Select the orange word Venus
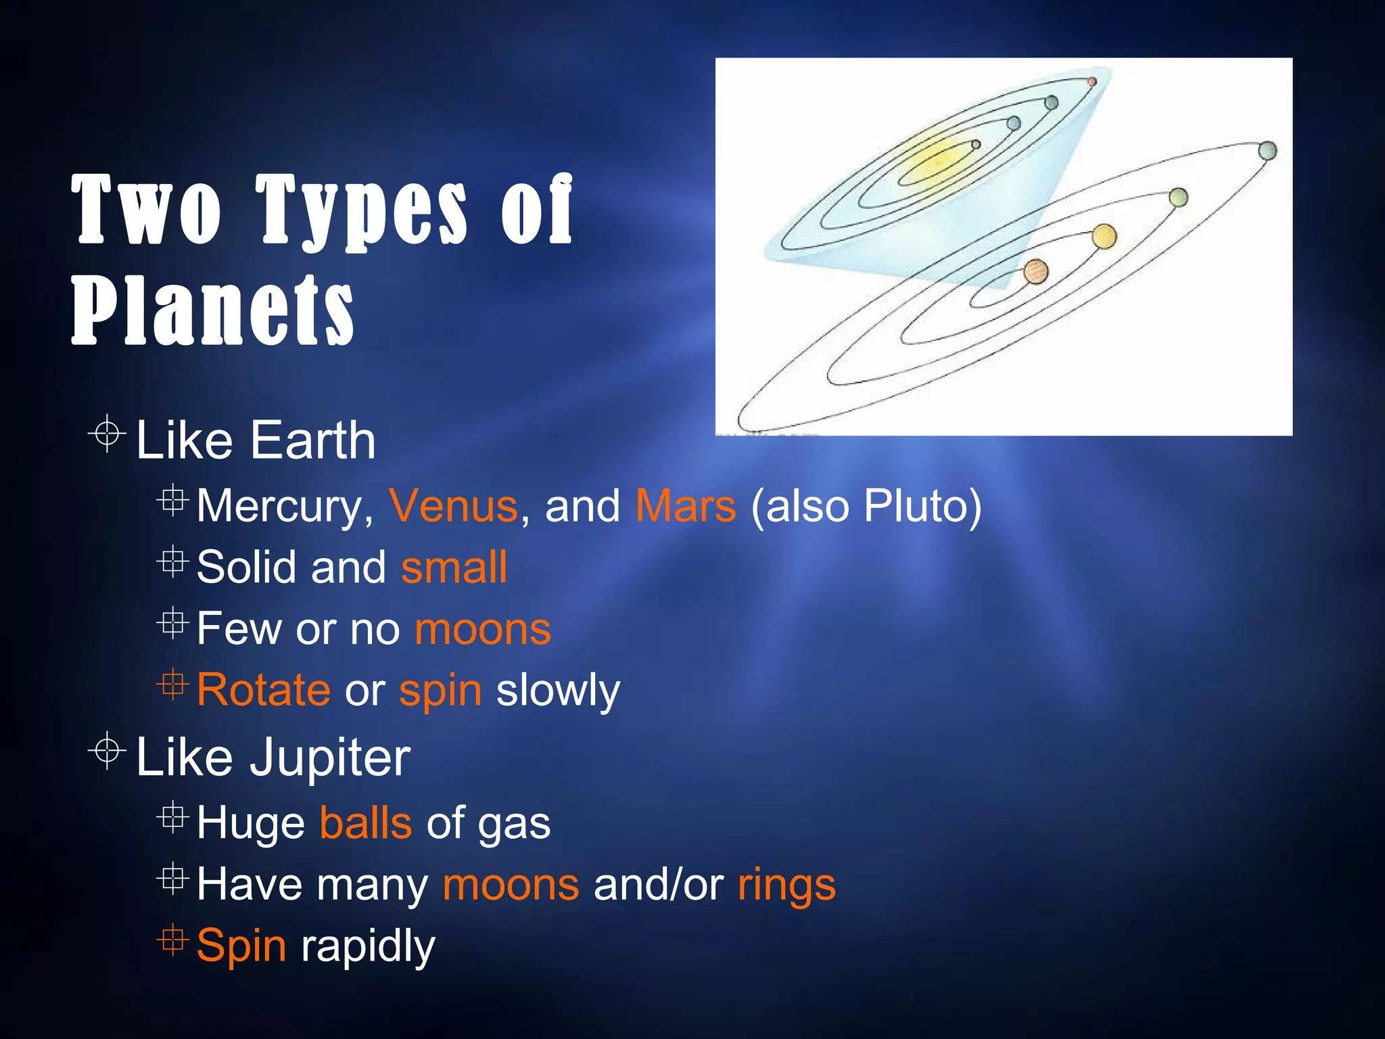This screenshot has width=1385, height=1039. click(453, 506)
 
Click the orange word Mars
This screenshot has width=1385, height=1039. click(685, 506)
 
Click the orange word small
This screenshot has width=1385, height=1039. click(454, 567)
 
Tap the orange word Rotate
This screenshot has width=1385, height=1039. click(264, 690)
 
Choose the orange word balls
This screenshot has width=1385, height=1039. click(365, 823)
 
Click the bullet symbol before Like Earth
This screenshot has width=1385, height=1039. click(107, 433)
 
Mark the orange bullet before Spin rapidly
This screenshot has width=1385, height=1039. click(172, 940)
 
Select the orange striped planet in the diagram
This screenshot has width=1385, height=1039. click(1035, 272)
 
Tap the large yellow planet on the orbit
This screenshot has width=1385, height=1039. click(1104, 236)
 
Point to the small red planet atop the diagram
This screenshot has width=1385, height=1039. click(1091, 81)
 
